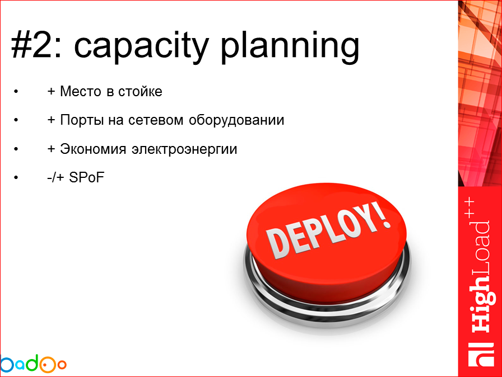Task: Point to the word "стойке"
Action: [140, 91]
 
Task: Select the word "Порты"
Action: [82, 120]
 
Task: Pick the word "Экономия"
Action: [93, 150]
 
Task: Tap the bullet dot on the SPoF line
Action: [17, 179]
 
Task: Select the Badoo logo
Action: [32, 364]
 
